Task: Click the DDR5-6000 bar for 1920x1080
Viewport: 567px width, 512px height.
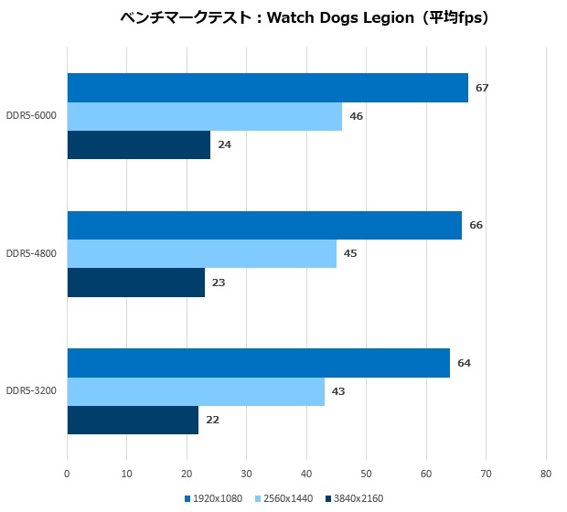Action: click(267, 88)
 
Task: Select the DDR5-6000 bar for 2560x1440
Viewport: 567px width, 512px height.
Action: click(204, 116)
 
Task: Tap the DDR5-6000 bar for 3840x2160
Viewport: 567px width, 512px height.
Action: click(138, 144)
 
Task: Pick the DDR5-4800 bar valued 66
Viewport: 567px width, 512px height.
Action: click(264, 225)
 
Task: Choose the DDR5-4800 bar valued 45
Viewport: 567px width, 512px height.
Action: click(201, 253)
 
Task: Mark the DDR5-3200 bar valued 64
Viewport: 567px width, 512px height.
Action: click(258, 363)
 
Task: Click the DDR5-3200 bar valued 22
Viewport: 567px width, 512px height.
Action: click(133, 420)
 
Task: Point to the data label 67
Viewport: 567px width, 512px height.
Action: click(482, 88)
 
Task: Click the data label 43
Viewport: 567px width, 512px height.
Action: click(338, 391)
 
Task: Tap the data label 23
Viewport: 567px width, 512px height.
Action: click(219, 283)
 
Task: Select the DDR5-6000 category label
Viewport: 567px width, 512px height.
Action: click(31, 116)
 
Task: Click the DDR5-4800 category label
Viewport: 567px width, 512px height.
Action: click(31, 253)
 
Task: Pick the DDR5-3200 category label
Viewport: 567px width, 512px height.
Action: click(31, 391)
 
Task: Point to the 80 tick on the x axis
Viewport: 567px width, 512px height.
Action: click(546, 474)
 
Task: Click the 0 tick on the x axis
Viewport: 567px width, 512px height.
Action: click(67, 474)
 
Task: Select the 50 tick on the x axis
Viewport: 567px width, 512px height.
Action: click(366, 474)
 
